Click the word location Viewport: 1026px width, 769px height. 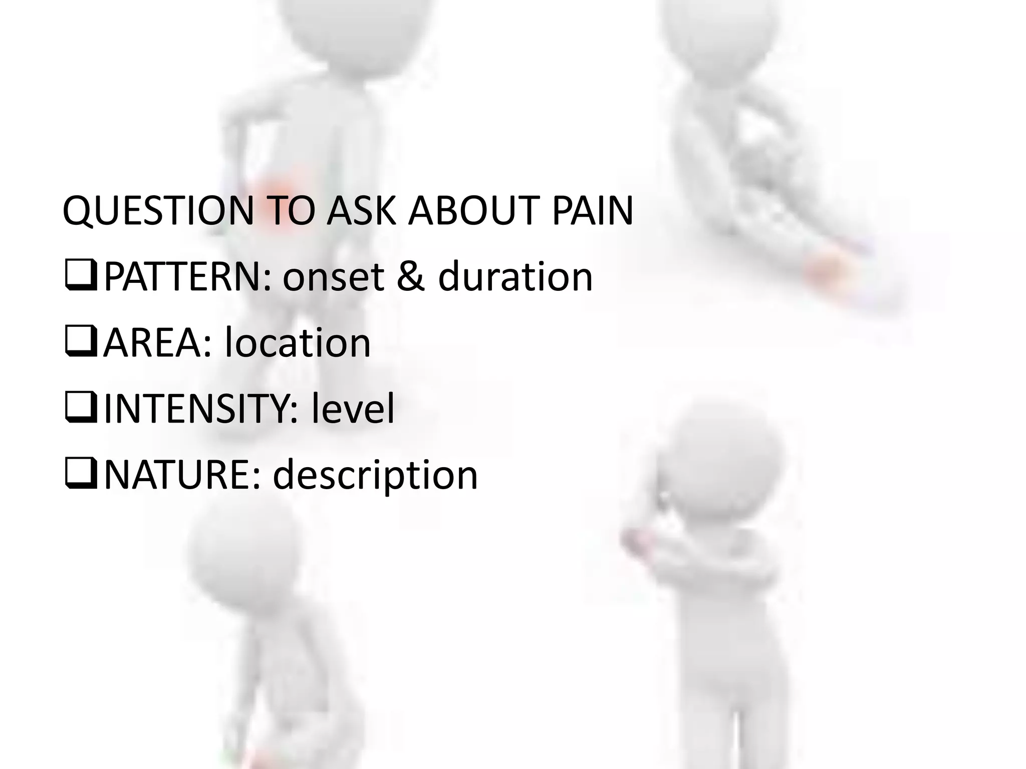(x=298, y=343)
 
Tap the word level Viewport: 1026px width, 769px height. (x=353, y=409)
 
